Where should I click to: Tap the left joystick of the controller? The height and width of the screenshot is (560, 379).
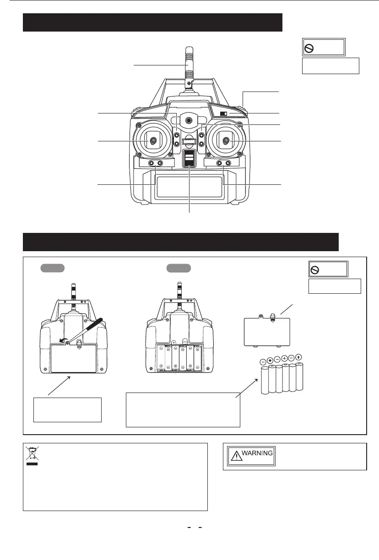coord(154,141)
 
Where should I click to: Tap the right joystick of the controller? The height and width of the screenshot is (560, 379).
coord(226,141)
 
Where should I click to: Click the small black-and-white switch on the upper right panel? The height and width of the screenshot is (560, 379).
coord(224,113)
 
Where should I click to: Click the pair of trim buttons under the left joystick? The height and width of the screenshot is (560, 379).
coord(155,163)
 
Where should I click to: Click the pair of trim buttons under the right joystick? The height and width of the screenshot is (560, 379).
coord(224,163)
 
